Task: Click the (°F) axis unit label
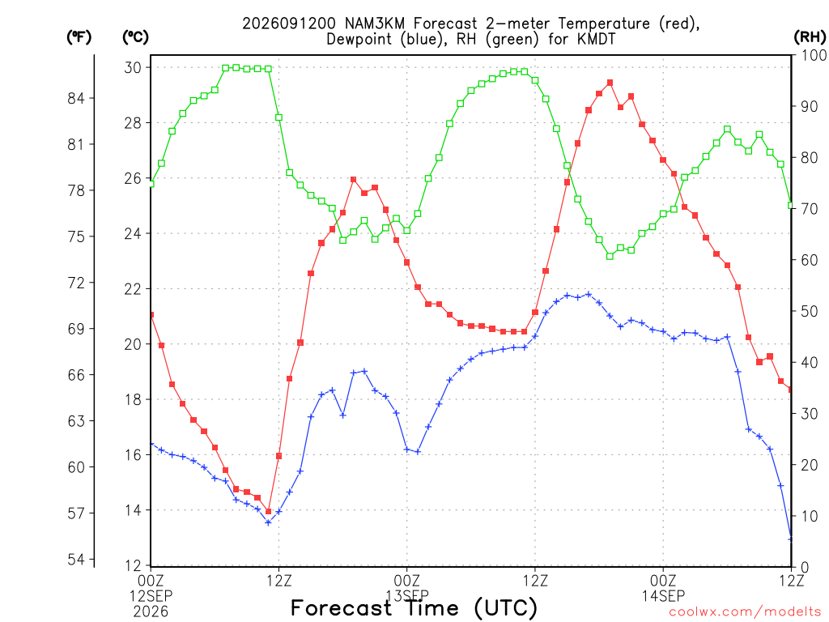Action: [79, 37]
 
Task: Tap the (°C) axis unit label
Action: [135, 37]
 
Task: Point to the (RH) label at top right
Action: [810, 37]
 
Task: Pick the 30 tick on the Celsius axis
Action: [133, 68]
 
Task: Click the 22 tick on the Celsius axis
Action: [133, 289]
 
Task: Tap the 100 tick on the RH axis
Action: [814, 56]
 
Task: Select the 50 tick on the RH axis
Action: [810, 312]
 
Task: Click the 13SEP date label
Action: [407, 596]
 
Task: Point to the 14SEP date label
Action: [663, 596]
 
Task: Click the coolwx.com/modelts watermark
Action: [745, 612]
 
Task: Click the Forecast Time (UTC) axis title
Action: [414, 608]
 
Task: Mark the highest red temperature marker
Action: [610, 83]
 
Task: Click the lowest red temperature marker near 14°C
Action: [268, 512]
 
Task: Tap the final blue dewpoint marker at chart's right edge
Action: [791, 539]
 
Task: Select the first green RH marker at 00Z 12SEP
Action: [151, 184]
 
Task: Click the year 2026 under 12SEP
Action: [151, 612]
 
